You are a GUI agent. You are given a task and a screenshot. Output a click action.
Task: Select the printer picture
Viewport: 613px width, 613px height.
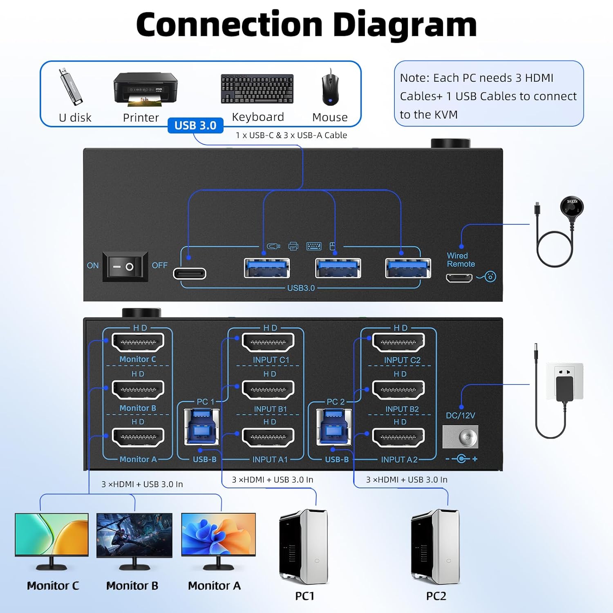click(x=145, y=89)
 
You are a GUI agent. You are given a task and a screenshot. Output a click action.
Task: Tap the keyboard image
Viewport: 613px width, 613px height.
click(x=257, y=89)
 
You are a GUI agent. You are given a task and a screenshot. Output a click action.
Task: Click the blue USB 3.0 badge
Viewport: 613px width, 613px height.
click(x=195, y=125)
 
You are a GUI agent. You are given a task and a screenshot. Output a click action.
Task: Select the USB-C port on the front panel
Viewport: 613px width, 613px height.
click(x=189, y=273)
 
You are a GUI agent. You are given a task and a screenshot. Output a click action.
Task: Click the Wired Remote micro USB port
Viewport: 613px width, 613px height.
click(x=459, y=278)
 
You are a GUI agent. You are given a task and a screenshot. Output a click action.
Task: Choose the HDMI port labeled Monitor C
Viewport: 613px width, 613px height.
click(x=138, y=342)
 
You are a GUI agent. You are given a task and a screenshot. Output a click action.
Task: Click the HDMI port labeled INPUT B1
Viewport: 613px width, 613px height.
click(x=268, y=390)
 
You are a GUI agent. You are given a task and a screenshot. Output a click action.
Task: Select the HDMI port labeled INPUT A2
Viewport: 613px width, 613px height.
click(x=398, y=437)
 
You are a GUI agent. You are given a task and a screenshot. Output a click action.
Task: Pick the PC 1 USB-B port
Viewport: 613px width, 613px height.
click(x=201, y=427)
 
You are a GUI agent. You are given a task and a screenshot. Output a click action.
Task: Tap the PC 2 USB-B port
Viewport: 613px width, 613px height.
click(x=333, y=427)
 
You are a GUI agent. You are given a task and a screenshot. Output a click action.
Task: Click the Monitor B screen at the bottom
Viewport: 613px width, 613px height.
click(x=134, y=535)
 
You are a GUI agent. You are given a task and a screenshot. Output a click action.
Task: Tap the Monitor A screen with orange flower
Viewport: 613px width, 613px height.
click(x=218, y=535)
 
